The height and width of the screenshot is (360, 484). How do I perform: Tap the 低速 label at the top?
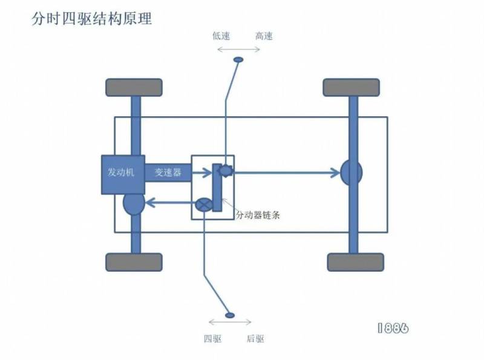[221, 36]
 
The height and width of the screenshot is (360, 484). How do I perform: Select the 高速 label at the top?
[264, 36]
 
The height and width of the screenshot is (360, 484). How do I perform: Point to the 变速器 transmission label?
[168, 173]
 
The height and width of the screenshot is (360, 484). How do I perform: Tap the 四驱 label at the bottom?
[213, 339]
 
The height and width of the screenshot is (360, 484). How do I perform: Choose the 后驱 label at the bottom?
[255, 339]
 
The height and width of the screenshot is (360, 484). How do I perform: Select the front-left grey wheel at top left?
[134, 88]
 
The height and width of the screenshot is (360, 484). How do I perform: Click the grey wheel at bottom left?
[134, 262]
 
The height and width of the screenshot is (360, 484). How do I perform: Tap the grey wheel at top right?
[351, 88]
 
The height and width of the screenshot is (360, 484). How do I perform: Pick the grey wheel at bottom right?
[355, 262]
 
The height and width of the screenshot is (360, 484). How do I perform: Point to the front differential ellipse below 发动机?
[134, 204]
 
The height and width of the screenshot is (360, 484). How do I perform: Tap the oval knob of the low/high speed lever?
[238, 60]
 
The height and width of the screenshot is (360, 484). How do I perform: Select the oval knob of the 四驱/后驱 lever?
[229, 315]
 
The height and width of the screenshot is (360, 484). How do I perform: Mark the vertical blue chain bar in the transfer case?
[217, 188]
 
